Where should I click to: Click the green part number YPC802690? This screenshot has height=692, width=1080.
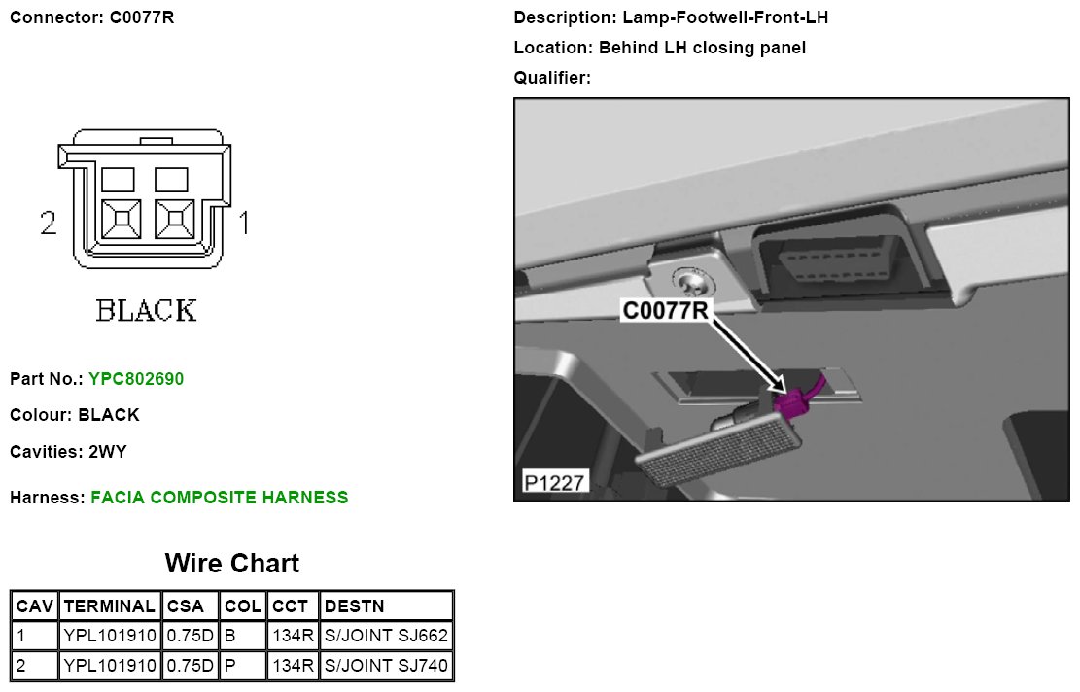pos(135,379)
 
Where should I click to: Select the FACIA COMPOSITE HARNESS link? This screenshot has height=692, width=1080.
pos(219,498)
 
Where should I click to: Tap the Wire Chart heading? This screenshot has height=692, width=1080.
pos(232,563)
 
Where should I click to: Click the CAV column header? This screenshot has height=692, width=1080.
pos(35,606)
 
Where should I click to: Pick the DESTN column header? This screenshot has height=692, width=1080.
pos(354,606)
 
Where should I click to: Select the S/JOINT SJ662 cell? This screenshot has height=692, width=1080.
pos(386,637)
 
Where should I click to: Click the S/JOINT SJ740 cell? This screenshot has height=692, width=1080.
pos(386,667)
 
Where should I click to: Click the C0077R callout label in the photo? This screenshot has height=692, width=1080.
pos(665,310)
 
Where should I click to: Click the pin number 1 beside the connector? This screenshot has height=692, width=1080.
pos(245,225)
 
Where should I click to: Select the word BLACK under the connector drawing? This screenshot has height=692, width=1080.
pos(146,311)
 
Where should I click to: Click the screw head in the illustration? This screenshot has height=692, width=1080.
pos(694,282)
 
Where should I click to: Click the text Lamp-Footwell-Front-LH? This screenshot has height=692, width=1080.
pos(724,17)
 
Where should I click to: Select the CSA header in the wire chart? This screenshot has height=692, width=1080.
pos(185,606)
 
